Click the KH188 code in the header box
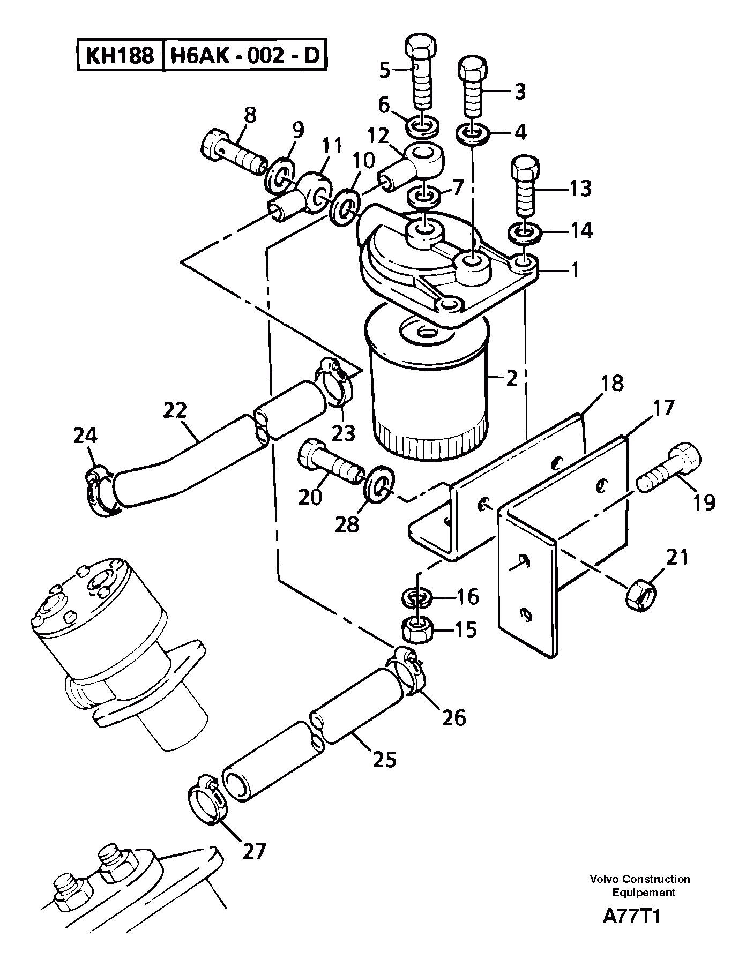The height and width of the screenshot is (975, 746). click(119, 55)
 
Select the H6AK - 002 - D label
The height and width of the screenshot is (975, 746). click(244, 55)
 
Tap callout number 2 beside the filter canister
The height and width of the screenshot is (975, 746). click(511, 378)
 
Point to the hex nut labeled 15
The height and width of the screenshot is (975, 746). click(417, 630)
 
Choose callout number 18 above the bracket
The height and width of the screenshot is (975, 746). click(612, 384)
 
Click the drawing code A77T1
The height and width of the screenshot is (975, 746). click(631, 931)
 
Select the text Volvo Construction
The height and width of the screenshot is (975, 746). click(640, 879)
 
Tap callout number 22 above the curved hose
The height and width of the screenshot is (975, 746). click(175, 410)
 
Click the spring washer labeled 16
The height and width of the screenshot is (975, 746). click(417, 597)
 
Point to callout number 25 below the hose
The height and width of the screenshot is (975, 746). click(384, 759)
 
